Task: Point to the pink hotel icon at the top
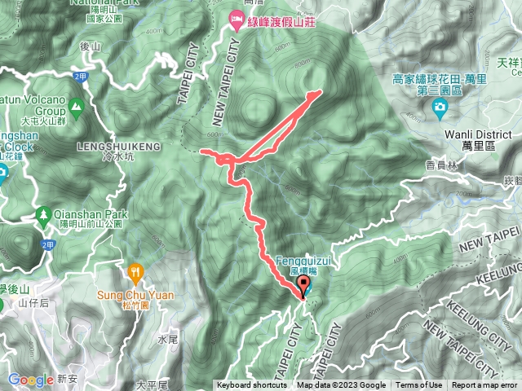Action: tap(236, 17)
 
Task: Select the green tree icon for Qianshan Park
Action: tap(43, 215)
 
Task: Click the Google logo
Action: tap(31, 380)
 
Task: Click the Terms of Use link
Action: tap(420, 385)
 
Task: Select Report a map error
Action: tap(485, 385)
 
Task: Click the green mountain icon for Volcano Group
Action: tap(76, 105)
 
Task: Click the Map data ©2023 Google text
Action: tap(341, 385)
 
